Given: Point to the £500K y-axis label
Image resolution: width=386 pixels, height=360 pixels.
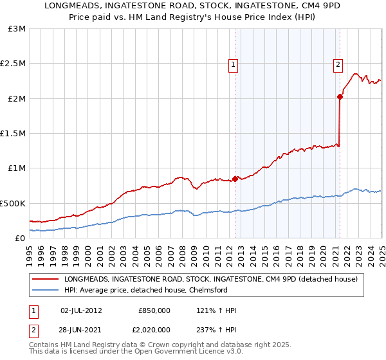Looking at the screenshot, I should coord(13,203).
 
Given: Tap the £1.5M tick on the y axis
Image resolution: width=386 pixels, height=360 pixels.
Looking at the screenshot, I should coord(13,134).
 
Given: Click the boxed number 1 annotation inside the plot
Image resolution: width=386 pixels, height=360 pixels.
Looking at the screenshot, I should coord(232,64).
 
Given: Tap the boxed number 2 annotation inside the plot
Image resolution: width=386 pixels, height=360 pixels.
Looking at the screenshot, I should coord(338,64).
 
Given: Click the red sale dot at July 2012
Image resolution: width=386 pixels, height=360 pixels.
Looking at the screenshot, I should coord(235,179).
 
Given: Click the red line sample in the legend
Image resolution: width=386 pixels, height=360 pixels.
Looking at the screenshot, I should coord(46,279).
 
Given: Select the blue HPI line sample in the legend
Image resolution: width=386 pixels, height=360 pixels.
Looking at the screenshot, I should coord(46,289).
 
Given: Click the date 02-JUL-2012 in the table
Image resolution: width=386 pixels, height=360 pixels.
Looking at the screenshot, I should coord(80,310).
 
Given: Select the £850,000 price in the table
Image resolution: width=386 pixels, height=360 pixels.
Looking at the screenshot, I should coord(154,310).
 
